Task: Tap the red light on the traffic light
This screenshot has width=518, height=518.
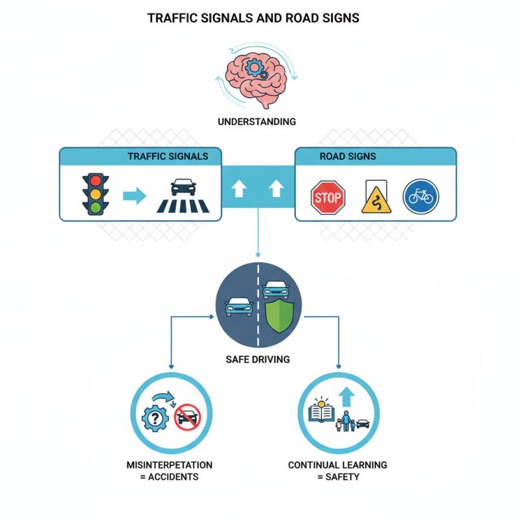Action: click(x=96, y=180)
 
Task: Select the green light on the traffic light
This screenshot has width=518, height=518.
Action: click(x=96, y=207)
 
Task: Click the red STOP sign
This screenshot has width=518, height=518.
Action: click(x=328, y=197)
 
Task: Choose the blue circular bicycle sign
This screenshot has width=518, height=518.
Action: click(x=421, y=197)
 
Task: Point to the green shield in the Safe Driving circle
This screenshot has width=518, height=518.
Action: click(x=279, y=315)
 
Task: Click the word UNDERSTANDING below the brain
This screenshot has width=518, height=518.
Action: click(x=257, y=122)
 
